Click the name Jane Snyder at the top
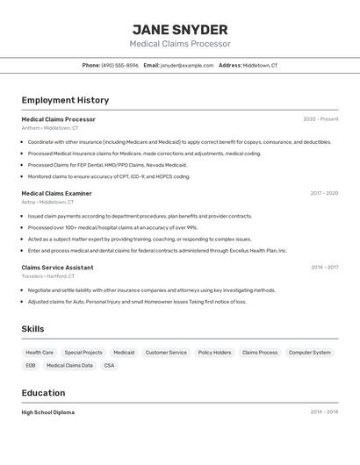click(180, 30)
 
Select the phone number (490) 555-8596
click(119, 65)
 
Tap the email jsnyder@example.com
click(187, 65)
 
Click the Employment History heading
click(65, 100)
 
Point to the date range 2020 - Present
click(320, 119)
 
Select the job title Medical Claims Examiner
click(56, 193)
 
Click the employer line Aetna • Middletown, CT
click(47, 202)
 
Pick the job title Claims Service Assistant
click(57, 268)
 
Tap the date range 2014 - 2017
click(324, 268)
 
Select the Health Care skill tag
click(40, 353)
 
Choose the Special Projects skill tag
click(83, 353)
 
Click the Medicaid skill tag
click(124, 353)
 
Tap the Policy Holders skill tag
click(214, 353)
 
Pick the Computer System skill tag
click(310, 353)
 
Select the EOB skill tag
click(31, 366)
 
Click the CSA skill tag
click(109, 366)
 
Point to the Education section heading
click(43, 393)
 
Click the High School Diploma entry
click(47, 412)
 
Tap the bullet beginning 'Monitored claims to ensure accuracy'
click(109, 176)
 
